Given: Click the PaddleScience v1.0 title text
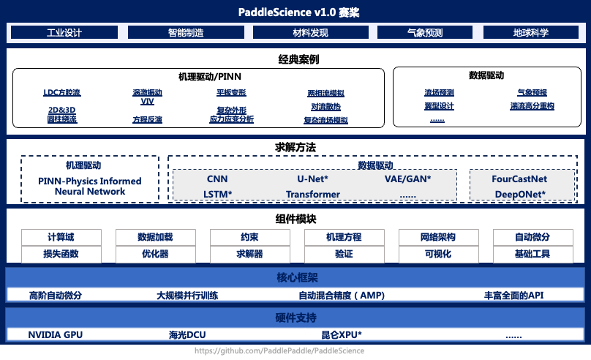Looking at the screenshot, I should coord(295,12).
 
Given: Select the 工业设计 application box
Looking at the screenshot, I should coord(64,33).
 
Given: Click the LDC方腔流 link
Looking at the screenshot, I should coord(62,93).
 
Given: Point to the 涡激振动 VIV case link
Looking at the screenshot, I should coord(147,97).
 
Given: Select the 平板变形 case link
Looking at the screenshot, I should coord(231,93).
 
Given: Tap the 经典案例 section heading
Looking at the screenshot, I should coord(295,59).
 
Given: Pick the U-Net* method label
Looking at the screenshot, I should coord(312,179).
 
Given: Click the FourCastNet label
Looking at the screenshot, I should coord(519,179).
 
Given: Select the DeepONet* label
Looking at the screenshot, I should coord(519,194).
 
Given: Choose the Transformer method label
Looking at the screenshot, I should coord(312,194).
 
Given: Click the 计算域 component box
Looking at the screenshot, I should coord(61,237).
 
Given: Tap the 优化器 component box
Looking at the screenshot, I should coord(155,254).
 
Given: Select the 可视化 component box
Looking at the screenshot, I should coord(437,254).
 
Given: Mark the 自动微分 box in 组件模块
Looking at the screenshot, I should coord(532,237).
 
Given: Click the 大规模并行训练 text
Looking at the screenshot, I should coord(187,296).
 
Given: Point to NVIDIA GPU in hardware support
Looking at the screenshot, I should coord(56,334).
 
